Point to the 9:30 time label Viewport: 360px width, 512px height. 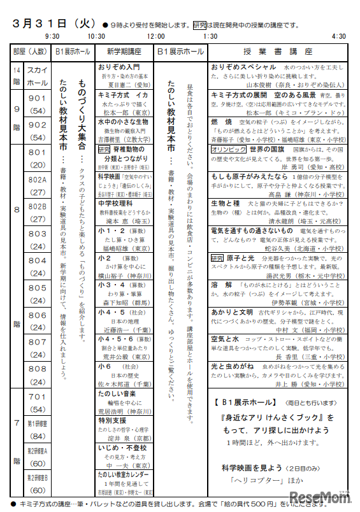[52, 37]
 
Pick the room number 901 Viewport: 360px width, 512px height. [37, 97]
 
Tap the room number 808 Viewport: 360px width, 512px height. [37, 369]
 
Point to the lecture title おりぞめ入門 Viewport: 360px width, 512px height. [119, 66]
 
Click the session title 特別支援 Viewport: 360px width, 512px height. [113, 421]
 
